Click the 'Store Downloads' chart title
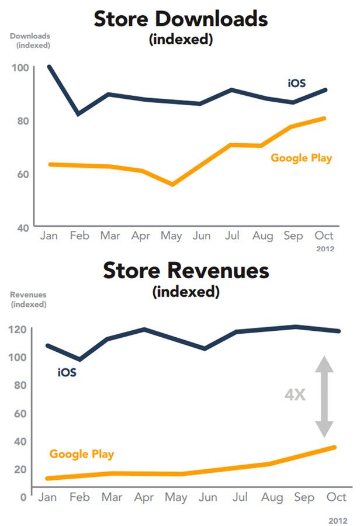click(181, 19)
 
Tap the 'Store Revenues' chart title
click(186, 271)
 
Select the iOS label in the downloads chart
click(297, 83)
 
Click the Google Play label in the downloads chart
click(301, 158)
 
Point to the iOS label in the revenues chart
click(67, 372)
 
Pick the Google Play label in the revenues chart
click(81, 454)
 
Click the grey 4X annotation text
click(295, 395)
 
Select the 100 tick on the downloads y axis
click(19, 67)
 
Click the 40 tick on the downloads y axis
click(21, 228)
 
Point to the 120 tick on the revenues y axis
click(19, 329)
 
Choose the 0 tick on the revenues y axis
click(23, 497)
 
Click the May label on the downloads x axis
click(172, 236)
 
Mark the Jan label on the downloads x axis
click(49, 236)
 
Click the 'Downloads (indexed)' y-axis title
click(30, 40)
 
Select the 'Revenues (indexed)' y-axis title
click(28, 299)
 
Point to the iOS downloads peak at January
click(49, 67)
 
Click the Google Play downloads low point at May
click(172, 184)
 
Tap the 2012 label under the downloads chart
click(326, 248)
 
